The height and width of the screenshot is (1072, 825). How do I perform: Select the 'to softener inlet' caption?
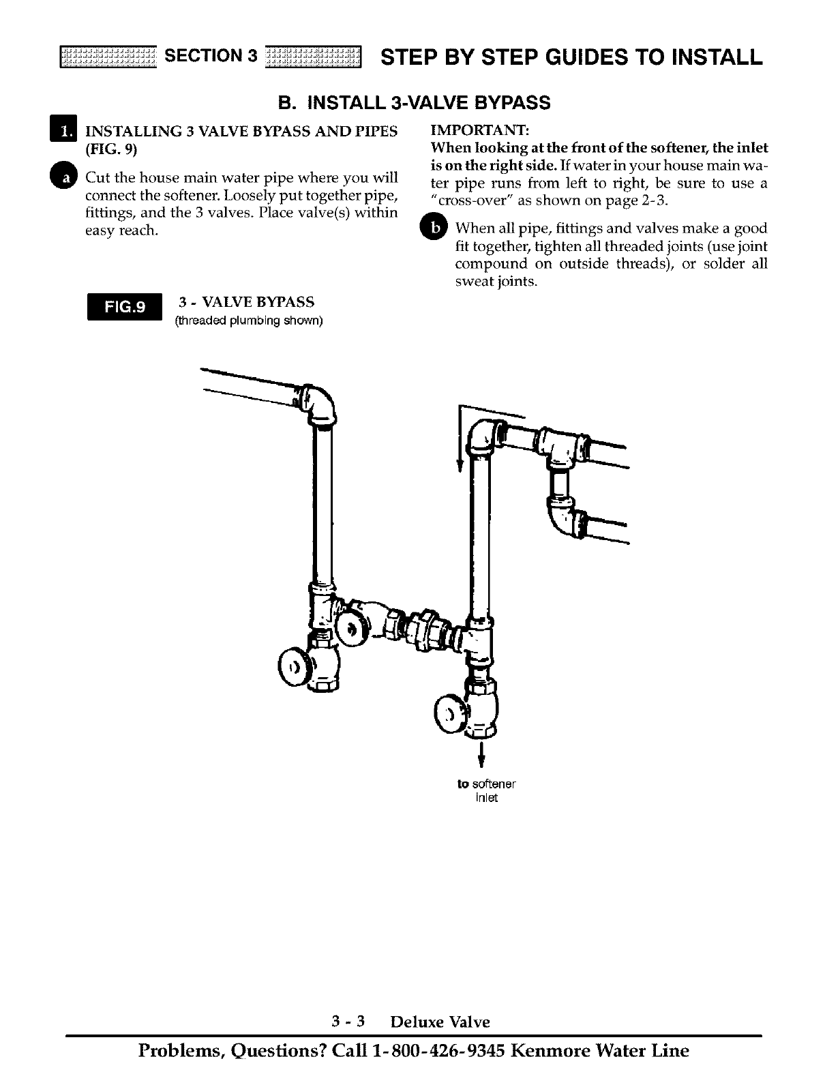tap(487, 790)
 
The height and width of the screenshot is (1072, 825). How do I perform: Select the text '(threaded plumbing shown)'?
tap(249, 321)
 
